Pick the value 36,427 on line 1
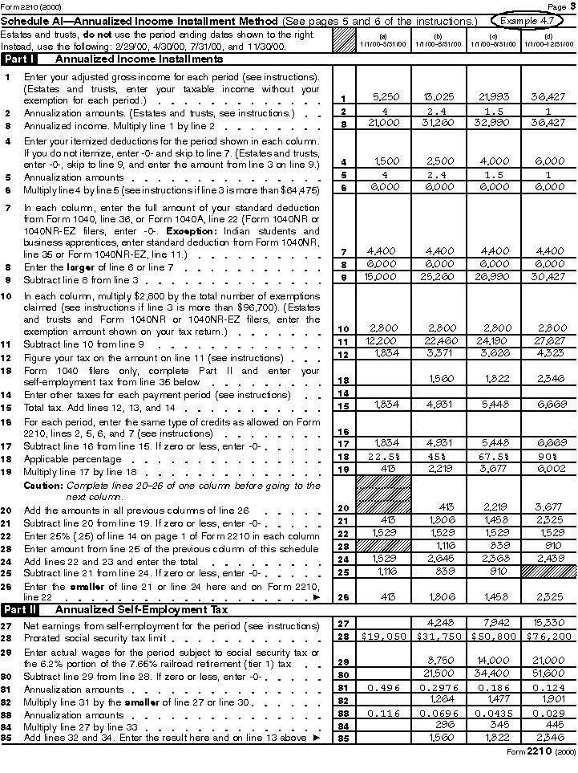(x=548, y=97)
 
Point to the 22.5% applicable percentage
(x=385, y=456)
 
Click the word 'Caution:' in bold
(x=41, y=486)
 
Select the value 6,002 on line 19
(x=548, y=468)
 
